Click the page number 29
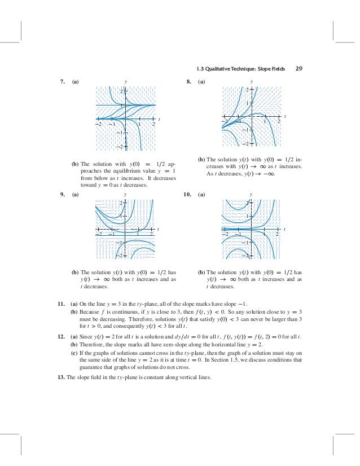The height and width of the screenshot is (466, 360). point(299,69)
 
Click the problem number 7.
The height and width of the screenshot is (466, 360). point(62,82)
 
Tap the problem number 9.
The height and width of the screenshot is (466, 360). point(62,194)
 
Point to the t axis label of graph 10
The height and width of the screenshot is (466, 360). point(284,228)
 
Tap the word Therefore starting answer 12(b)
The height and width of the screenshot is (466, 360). point(93,344)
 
